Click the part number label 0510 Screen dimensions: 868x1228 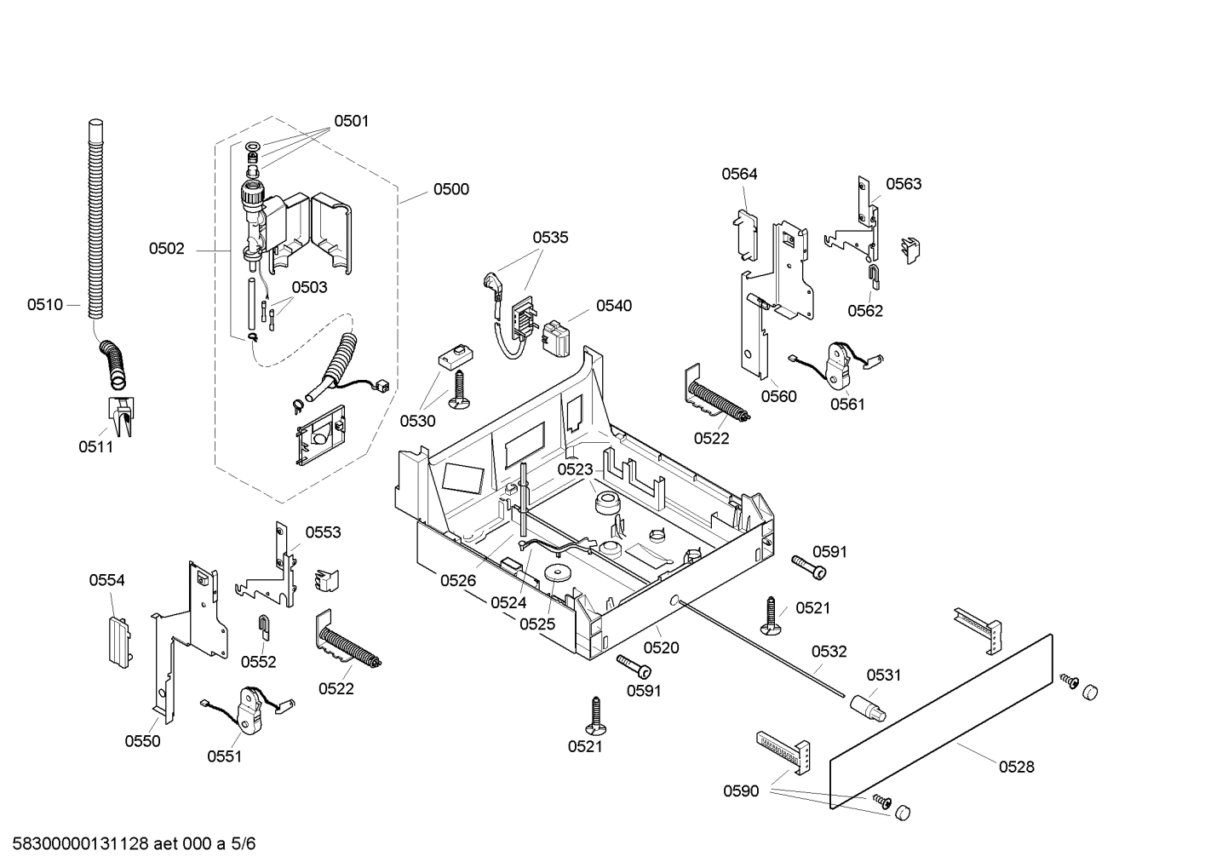(44, 305)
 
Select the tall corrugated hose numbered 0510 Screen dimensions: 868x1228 (95, 221)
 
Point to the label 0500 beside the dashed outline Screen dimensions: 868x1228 (450, 189)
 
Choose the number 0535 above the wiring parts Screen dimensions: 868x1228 (550, 238)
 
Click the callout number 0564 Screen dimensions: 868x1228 (739, 174)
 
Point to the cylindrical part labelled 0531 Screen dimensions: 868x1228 (867, 707)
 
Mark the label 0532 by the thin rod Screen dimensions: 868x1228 (829, 652)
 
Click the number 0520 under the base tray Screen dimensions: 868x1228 (661, 647)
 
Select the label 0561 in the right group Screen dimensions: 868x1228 (847, 404)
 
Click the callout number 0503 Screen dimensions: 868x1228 (309, 287)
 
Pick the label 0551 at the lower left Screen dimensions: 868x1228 (224, 756)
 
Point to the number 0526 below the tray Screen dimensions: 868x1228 (458, 581)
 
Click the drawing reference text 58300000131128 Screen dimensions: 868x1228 (77, 844)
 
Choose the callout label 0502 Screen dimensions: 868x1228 (166, 249)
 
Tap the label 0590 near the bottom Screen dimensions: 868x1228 (741, 791)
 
